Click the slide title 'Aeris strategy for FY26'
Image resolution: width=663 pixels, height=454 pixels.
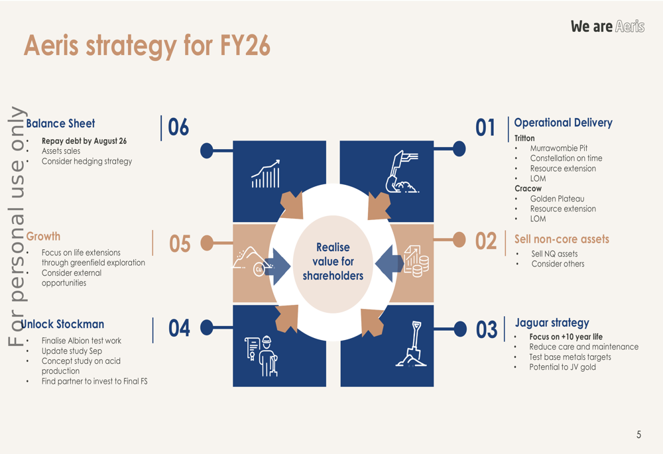[x=147, y=46]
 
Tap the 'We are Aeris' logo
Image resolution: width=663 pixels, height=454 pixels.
[x=607, y=27]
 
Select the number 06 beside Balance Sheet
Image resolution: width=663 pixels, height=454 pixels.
[x=178, y=127]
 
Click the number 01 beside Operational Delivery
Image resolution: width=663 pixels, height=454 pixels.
[x=485, y=127]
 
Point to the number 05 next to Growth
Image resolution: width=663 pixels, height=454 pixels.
[x=180, y=244]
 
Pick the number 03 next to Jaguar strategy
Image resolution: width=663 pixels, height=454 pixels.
[x=487, y=329]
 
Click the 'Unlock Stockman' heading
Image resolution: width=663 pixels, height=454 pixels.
[x=63, y=324]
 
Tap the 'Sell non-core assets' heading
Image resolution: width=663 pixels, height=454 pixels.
[x=562, y=239]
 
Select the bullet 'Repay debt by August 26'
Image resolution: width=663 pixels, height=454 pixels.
[x=84, y=141]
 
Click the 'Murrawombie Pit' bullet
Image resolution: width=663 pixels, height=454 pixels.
[x=558, y=148]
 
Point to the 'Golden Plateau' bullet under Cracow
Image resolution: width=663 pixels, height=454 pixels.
[x=557, y=199]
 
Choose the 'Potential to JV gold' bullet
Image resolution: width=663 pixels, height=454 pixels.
[x=562, y=367]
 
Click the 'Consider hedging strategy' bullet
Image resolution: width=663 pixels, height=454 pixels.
[x=87, y=161]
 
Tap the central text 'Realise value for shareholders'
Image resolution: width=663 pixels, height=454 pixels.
[x=333, y=261]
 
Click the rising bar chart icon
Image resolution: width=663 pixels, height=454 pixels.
[x=265, y=174]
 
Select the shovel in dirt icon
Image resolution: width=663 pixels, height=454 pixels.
[x=411, y=344]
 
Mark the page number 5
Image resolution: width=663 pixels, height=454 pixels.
[x=638, y=435]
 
